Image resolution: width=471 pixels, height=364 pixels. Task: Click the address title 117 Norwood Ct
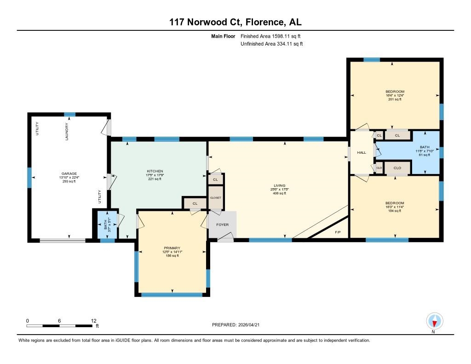click(235, 22)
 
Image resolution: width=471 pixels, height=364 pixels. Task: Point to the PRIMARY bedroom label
click(171, 248)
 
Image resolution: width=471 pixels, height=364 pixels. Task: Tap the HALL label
click(362, 152)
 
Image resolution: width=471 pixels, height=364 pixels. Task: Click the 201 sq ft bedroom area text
click(395, 99)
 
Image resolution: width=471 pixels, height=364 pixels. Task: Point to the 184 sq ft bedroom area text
click(395, 211)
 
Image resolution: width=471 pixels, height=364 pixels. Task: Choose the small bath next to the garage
click(106, 224)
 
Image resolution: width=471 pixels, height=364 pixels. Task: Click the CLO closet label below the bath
click(397, 168)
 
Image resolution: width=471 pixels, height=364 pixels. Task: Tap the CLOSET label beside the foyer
click(215, 197)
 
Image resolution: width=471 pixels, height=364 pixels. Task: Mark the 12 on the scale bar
click(94, 320)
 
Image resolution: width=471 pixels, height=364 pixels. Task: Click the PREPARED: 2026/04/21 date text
click(238, 324)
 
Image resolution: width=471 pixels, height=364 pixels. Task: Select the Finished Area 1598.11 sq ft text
click(271, 36)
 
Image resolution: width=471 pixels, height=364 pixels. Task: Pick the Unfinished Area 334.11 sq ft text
click(272, 44)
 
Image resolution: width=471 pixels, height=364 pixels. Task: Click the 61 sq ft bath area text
click(424, 155)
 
